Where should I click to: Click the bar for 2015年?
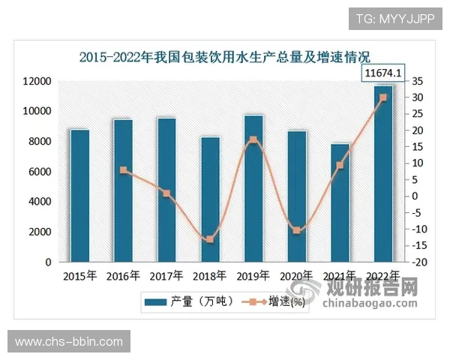80,196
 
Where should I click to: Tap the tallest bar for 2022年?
383,174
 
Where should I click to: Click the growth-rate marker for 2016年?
124,170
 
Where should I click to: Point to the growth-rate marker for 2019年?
253,140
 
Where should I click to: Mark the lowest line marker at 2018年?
210,239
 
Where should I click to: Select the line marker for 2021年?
340,165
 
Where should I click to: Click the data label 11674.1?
384,73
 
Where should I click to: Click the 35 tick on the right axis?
418,81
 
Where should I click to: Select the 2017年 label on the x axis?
166,276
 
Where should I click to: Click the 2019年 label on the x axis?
253,276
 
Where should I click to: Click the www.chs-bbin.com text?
69,342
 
